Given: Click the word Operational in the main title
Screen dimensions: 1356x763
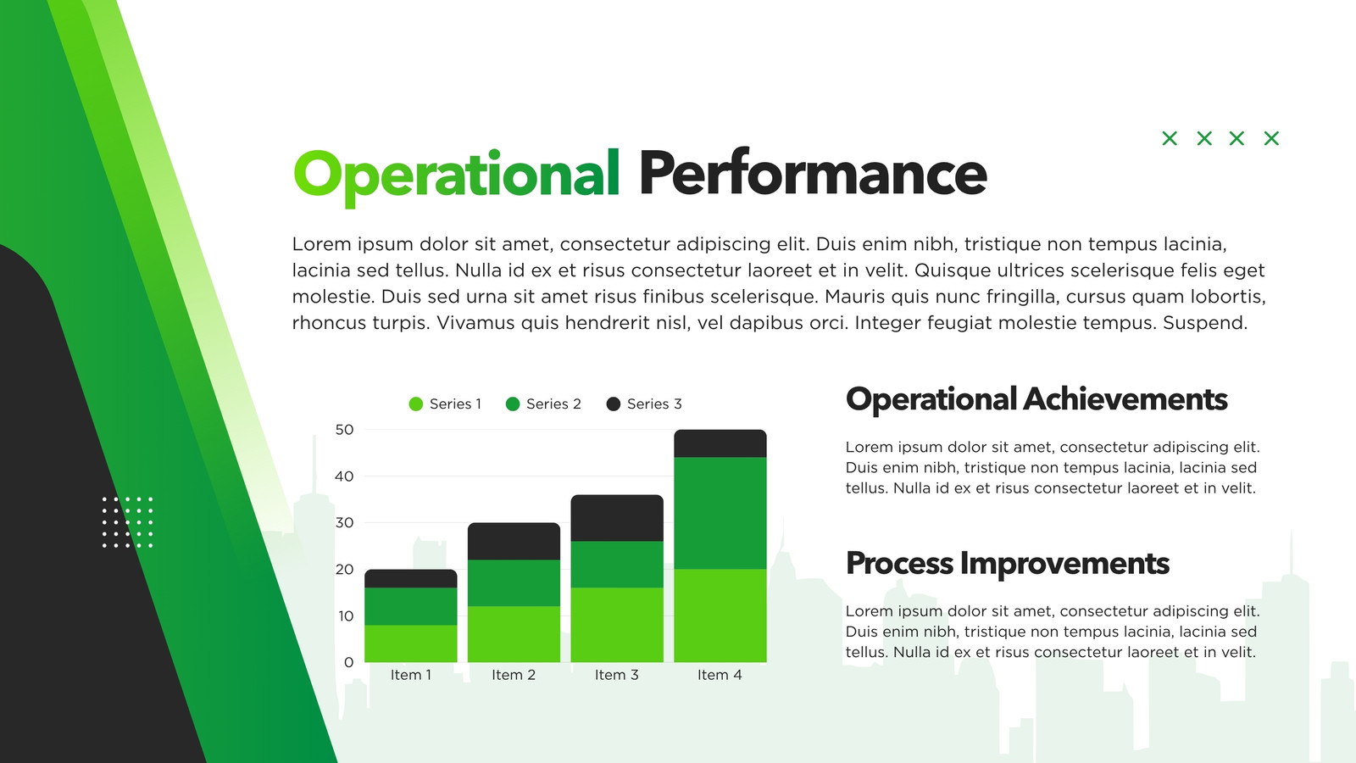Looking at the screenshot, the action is click(x=457, y=175).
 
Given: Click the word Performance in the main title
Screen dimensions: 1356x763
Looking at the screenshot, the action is click(x=813, y=174).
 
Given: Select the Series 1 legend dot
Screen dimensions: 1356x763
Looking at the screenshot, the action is click(x=416, y=404).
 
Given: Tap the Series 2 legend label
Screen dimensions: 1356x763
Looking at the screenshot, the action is click(x=553, y=404).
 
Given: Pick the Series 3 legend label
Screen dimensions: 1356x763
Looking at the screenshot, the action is click(x=654, y=404).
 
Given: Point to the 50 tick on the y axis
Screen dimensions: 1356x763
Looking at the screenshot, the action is click(x=344, y=430).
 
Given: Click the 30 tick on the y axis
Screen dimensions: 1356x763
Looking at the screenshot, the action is click(x=344, y=522).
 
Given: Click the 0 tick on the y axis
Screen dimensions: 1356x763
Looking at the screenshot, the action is click(x=348, y=662).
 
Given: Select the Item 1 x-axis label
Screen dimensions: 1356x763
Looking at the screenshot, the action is click(x=411, y=675).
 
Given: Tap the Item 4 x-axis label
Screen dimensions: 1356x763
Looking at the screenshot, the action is click(x=720, y=675).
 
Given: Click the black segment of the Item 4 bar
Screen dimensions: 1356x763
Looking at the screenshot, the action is click(x=720, y=443).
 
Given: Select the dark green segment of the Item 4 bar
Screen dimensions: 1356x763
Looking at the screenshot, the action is click(x=720, y=513).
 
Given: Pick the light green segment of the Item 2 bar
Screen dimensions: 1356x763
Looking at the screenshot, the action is click(x=514, y=634).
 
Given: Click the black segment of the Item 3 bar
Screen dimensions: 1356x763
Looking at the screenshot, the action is click(x=617, y=518).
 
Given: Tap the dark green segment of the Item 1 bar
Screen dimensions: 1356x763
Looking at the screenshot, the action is click(x=411, y=606).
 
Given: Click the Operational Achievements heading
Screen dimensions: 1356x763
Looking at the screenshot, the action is click(x=1036, y=400).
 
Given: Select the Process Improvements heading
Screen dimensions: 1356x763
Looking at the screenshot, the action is click(x=1008, y=564).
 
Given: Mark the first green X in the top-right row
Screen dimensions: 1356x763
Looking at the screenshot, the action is click(x=1170, y=139).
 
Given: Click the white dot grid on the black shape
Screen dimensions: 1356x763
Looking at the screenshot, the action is click(x=127, y=522).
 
